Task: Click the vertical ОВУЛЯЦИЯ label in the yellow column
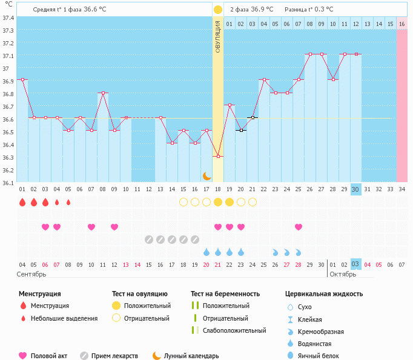(x=218, y=36)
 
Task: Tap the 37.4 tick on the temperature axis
(x=8, y=18)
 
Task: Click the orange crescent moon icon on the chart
(x=207, y=175)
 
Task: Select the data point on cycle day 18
(x=218, y=156)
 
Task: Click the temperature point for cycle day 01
(x=22, y=79)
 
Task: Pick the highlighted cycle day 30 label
(x=355, y=189)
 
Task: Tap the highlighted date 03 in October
(x=355, y=264)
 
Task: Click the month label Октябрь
(x=343, y=274)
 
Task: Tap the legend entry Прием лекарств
(x=114, y=356)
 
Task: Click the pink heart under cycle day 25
(x=299, y=227)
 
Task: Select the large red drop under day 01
(x=22, y=202)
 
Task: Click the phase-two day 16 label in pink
(x=401, y=24)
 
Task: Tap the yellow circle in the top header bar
(x=218, y=10)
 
